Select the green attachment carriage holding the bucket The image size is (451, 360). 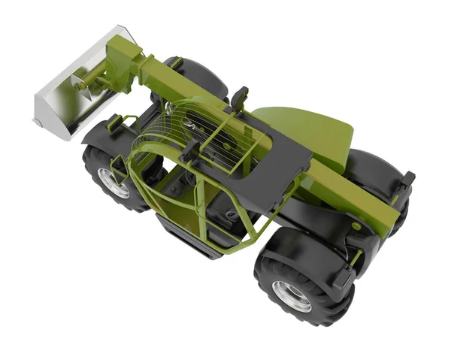click(123, 60)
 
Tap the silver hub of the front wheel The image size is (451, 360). click(113, 183)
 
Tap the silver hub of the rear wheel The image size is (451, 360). click(292, 295)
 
